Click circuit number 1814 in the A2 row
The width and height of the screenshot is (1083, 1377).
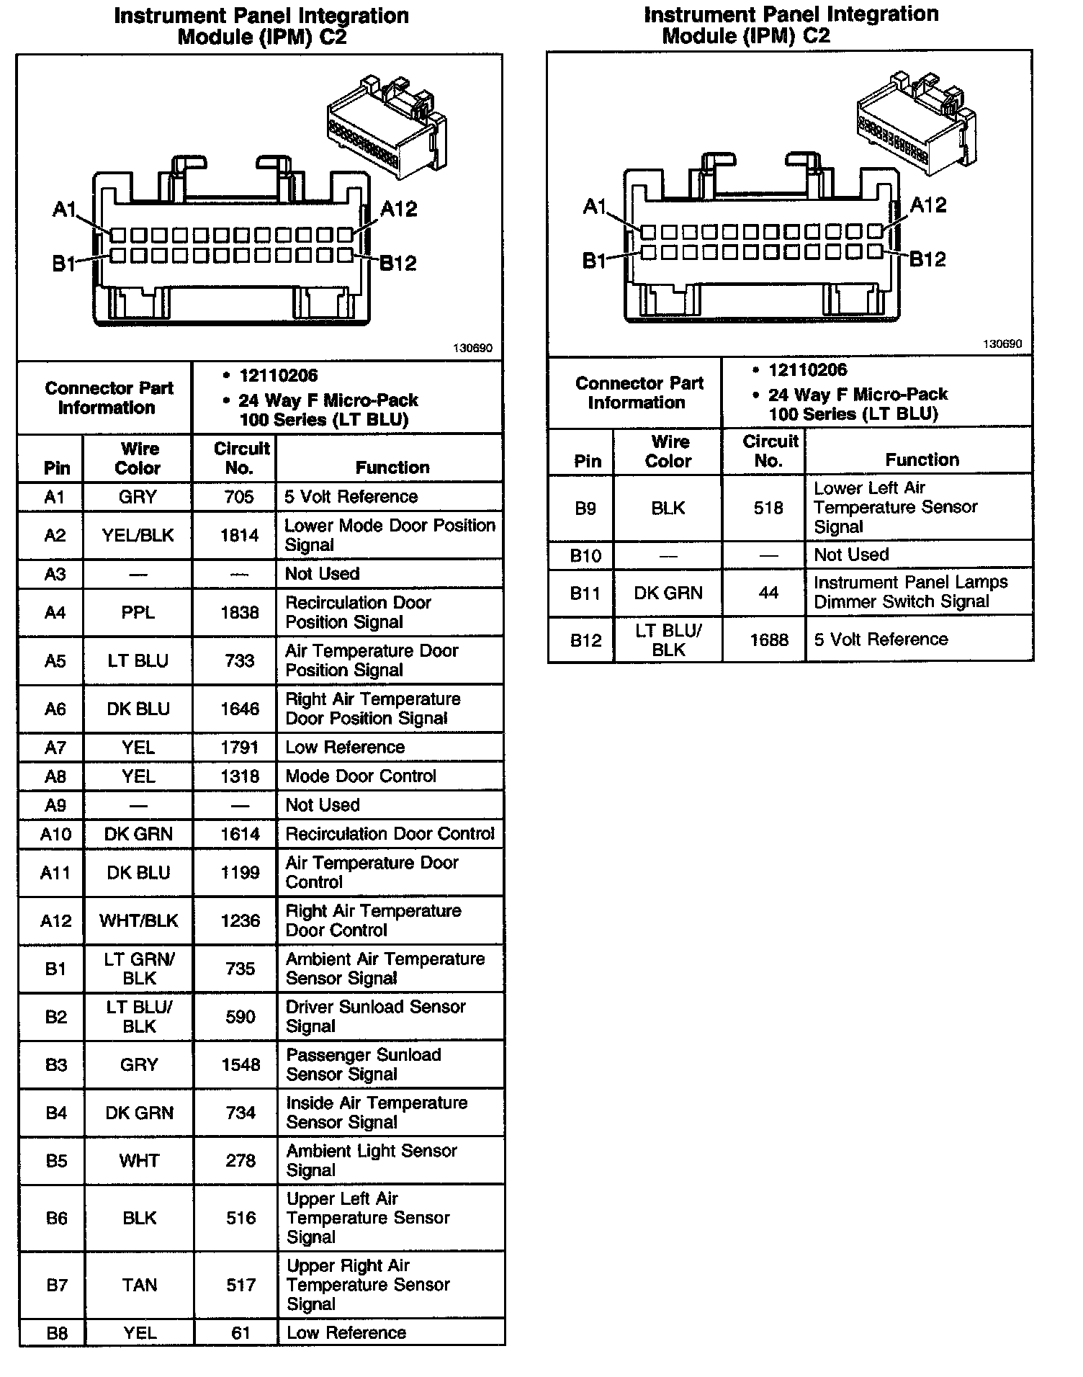[x=239, y=535]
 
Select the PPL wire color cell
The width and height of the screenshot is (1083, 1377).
[x=138, y=612]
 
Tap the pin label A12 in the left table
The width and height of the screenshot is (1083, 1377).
[x=55, y=920]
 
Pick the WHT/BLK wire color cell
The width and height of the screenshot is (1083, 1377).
[x=138, y=920]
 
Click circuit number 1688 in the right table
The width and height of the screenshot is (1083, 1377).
[x=769, y=640]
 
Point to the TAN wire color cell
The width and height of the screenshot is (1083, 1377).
[x=139, y=1285]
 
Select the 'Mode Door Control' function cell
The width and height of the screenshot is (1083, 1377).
[x=361, y=776]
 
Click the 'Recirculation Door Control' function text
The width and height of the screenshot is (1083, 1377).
[x=390, y=833]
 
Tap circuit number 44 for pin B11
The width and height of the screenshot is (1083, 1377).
[x=768, y=593]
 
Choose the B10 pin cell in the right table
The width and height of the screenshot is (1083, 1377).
[x=585, y=555]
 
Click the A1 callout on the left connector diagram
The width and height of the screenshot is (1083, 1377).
[x=65, y=210]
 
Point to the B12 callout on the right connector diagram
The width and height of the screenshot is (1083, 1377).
[x=927, y=259]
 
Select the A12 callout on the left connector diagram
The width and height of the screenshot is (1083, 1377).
[x=398, y=210]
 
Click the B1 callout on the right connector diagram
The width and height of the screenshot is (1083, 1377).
[x=594, y=261]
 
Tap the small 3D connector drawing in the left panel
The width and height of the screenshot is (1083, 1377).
[x=386, y=125]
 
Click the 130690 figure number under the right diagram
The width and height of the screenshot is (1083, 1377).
[x=1002, y=344]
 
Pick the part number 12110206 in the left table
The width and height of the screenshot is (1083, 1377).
[x=278, y=375]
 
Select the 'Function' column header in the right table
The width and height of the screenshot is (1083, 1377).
[x=922, y=459]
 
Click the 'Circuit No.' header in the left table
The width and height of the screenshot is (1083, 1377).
[x=241, y=458]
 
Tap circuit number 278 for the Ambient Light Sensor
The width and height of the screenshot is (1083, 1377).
[x=241, y=1160]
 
